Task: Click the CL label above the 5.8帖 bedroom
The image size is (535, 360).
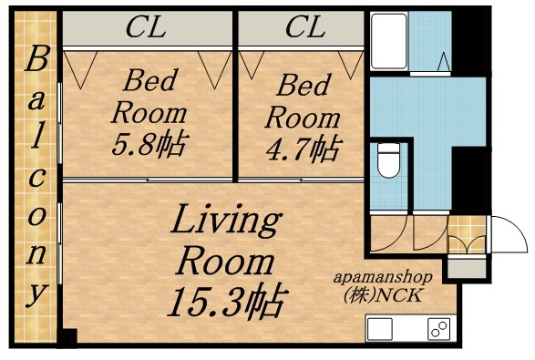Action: tap(146, 27)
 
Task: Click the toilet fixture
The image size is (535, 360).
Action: tap(387, 161)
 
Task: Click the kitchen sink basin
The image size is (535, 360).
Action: tap(380, 329)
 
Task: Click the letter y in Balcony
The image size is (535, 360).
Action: tap(36, 294)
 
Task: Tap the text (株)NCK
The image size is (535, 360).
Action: tap(388, 295)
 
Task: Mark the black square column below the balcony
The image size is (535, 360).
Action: tap(67, 340)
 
